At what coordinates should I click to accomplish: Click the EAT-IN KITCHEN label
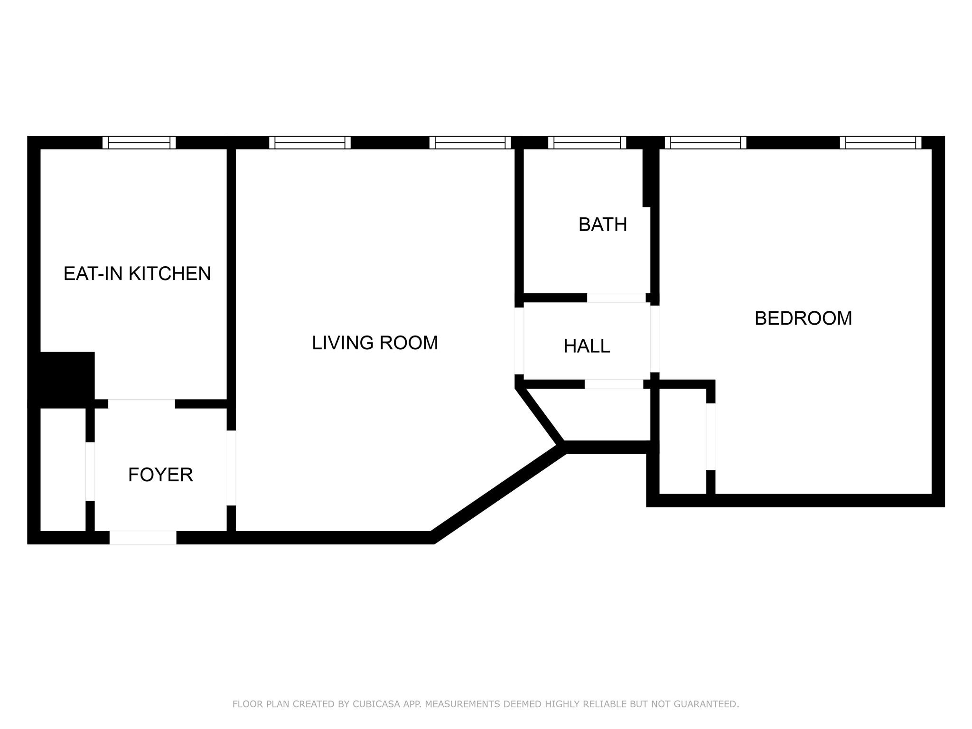137,274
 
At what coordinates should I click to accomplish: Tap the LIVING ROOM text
374,343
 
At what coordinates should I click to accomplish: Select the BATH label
602,224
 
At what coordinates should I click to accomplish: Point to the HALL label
587,346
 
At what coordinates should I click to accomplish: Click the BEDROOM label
803,318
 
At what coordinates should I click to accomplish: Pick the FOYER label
160,475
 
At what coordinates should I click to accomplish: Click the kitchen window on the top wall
139,142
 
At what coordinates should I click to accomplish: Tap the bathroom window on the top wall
587,142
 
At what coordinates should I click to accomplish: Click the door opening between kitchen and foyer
141,404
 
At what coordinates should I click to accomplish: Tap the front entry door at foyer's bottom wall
143,538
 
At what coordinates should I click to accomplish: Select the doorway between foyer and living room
231,468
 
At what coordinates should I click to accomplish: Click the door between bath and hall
616,298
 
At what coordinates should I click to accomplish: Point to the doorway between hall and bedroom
654,339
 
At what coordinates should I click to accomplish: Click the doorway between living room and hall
519,341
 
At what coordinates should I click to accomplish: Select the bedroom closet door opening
710,437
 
